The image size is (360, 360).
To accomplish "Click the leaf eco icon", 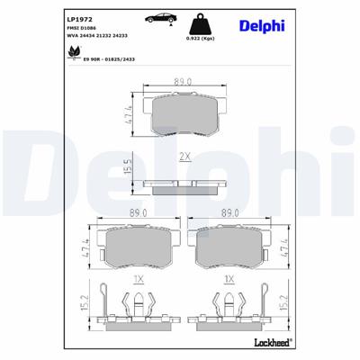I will [x=71, y=54].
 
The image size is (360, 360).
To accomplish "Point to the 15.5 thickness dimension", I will [x=130, y=166].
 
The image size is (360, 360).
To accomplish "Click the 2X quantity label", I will [x=184, y=156].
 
